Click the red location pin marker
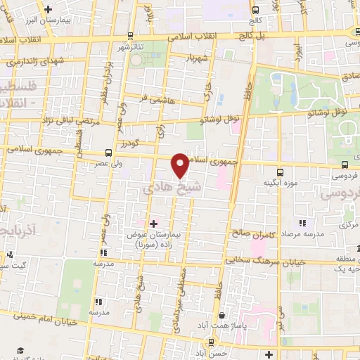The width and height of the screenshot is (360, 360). click(181, 165)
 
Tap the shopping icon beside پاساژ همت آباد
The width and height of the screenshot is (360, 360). click(223, 316)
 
